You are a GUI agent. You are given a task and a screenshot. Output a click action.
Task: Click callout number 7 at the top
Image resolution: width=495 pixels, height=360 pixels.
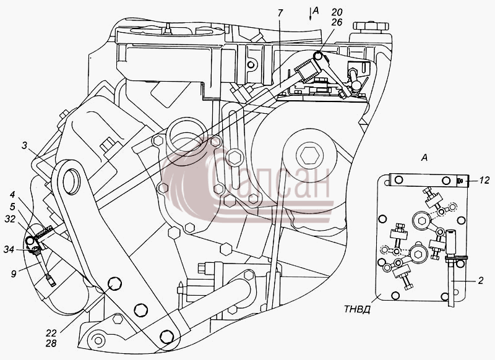(x=280, y=13)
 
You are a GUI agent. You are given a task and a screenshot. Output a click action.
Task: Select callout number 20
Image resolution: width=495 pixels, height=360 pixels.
(x=337, y=12)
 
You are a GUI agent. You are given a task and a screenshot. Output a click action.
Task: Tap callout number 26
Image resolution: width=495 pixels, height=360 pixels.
(x=337, y=22)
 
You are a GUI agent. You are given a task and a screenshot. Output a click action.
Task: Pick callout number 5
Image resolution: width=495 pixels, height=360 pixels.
(x=12, y=207)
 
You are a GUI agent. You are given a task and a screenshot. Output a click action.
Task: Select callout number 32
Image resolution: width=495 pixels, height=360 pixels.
(x=10, y=218)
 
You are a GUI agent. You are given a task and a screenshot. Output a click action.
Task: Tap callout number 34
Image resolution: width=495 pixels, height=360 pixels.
(x=9, y=249)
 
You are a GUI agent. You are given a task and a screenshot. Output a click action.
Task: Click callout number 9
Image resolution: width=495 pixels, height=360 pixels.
(x=13, y=273)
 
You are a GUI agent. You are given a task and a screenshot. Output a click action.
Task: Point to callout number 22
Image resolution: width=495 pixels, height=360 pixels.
(x=51, y=333)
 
